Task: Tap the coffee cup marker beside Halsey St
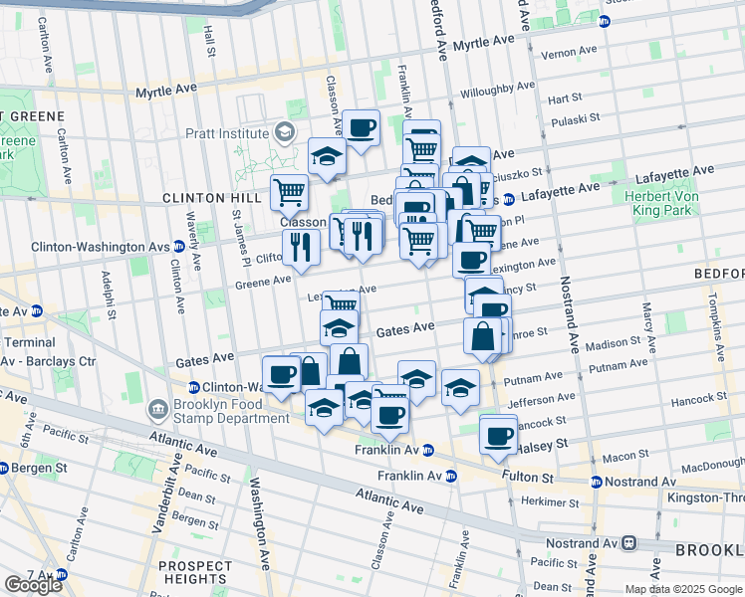point(498,435)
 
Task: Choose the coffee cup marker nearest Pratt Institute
point(362,128)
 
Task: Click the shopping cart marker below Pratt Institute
point(289,192)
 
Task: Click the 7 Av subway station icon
point(62,575)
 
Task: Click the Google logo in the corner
point(33,584)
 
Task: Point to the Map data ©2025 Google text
point(683,589)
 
